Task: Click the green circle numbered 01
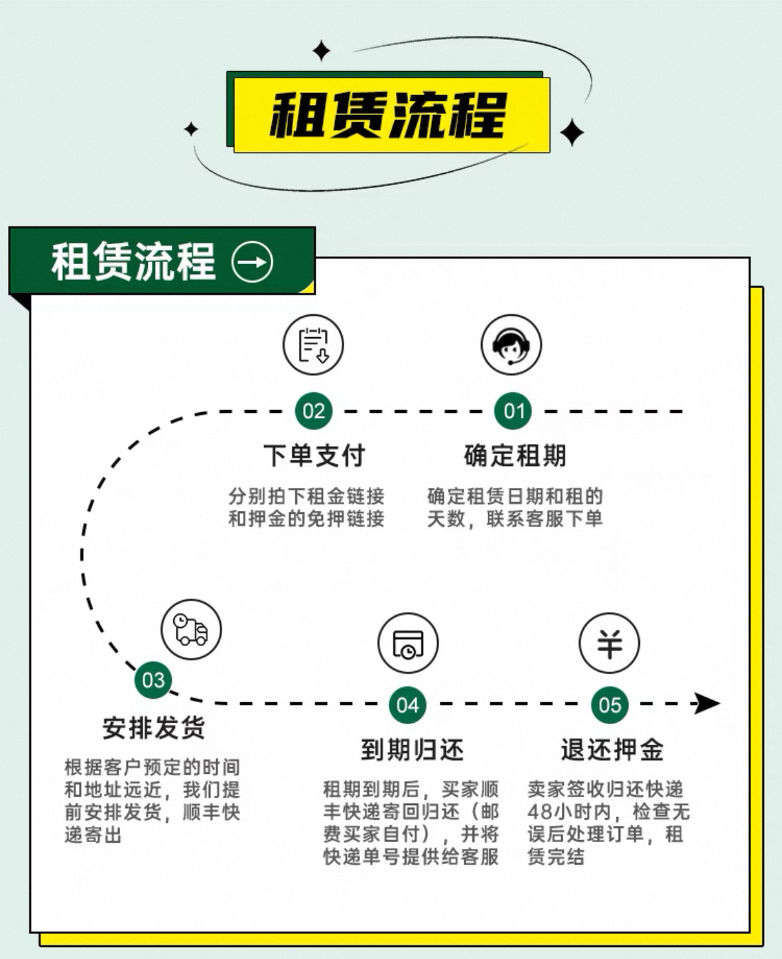(513, 411)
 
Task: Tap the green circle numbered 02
(314, 411)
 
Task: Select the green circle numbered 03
(153, 680)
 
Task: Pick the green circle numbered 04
(407, 705)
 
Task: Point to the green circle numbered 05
(610, 705)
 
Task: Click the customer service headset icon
(511, 344)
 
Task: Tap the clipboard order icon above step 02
(313, 344)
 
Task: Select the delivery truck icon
(191, 629)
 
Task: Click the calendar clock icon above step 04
(408, 643)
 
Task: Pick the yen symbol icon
(610, 643)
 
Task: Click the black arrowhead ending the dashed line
(706, 703)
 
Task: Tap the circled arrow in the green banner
(252, 262)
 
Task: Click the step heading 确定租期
(515, 456)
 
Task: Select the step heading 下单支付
(314, 456)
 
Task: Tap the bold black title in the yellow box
(388, 115)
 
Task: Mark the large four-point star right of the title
(572, 133)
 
